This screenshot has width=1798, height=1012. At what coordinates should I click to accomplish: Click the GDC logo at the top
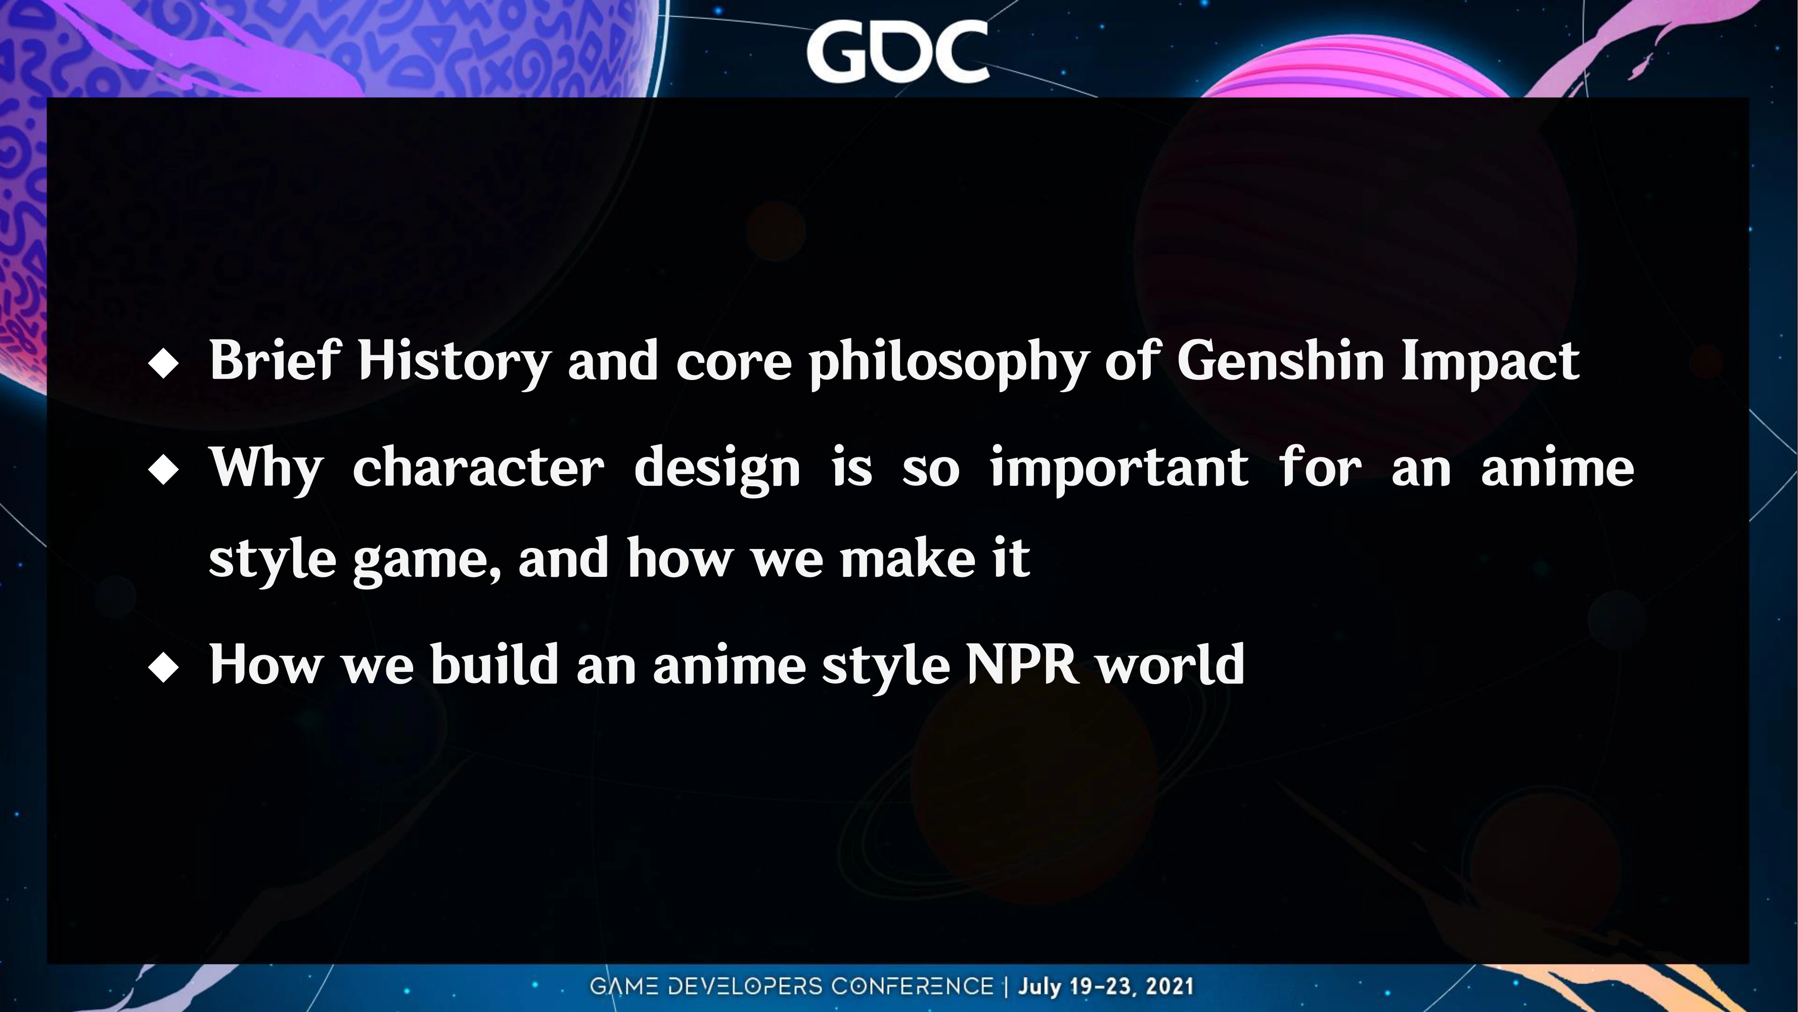click(897, 51)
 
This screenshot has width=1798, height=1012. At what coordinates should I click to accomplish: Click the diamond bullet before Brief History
click(164, 364)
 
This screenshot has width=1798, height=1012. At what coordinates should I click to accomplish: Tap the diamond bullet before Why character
click(164, 470)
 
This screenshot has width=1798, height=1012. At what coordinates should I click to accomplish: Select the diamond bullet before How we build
click(164, 667)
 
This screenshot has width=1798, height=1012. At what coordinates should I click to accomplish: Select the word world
click(1171, 663)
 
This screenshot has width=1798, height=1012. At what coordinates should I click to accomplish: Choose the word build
click(495, 663)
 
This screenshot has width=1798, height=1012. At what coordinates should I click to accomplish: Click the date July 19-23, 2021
click(1106, 986)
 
